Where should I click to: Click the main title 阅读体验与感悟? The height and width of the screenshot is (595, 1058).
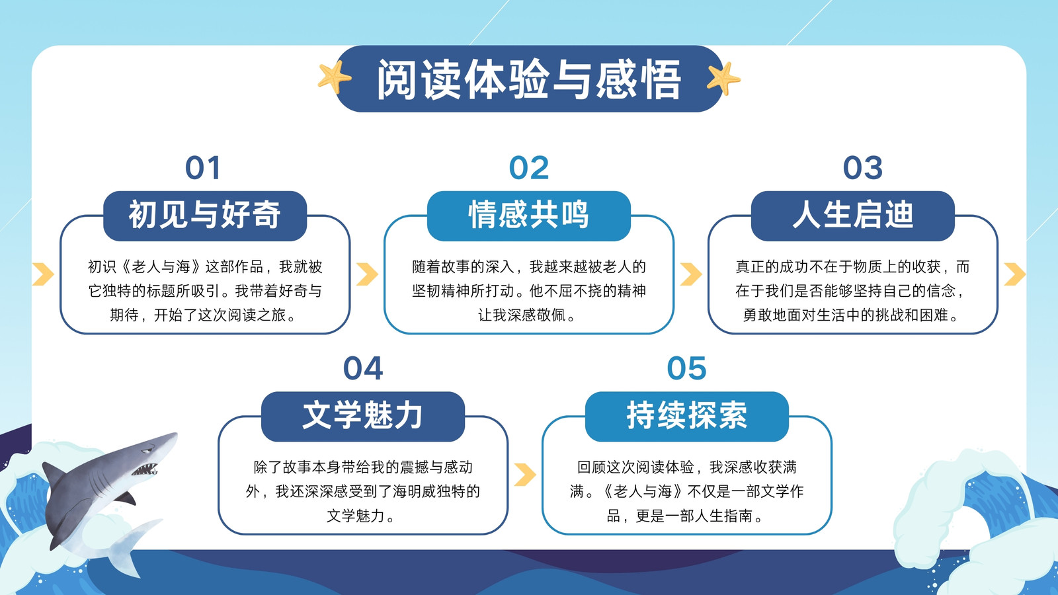click(529, 79)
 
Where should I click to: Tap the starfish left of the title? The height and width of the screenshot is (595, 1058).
click(335, 77)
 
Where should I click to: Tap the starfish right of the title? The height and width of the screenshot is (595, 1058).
click(723, 79)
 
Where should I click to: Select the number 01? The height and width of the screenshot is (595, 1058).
click(202, 168)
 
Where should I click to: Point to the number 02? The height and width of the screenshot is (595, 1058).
click(529, 168)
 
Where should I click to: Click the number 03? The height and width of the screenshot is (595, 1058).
click(862, 168)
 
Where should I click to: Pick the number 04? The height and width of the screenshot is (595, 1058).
click(363, 368)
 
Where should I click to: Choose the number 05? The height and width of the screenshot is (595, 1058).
click(687, 368)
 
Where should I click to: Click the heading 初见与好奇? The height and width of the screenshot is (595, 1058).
click(205, 215)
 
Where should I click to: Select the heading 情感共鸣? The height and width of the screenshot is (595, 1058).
click(528, 215)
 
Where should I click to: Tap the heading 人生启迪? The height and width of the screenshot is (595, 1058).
click(852, 215)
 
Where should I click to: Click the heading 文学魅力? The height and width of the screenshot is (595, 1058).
click(362, 416)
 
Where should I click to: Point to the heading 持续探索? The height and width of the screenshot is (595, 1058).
click(687, 416)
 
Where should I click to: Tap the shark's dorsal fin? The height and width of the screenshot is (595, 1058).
click(53, 473)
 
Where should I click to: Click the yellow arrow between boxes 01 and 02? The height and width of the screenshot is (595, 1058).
click(367, 274)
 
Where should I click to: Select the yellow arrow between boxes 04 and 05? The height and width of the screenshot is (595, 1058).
click(525, 475)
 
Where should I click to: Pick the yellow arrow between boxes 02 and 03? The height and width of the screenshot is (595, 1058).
click(691, 274)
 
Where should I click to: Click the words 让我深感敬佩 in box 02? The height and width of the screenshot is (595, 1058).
click(522, 315)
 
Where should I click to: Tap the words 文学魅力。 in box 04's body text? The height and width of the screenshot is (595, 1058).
click(362, 516)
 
